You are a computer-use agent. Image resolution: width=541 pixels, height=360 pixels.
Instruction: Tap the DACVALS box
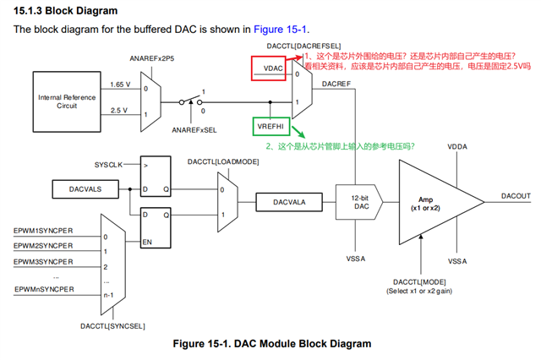pyautogui.click(x=86, y=190)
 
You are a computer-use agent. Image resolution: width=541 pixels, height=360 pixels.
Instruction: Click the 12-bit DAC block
pyautogui.click(x=360, y=202)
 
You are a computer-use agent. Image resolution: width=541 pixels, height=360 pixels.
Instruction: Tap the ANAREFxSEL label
pyautogui.click(x=194, y=130)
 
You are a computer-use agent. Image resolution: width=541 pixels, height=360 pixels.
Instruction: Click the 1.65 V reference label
pyautogui.click(x=119, y=85)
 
